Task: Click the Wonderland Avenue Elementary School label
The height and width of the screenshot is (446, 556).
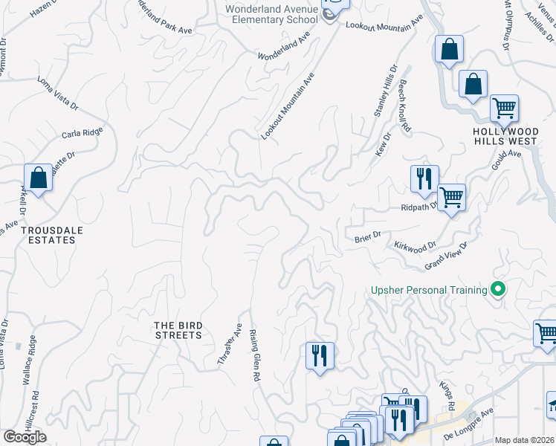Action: (275, 13)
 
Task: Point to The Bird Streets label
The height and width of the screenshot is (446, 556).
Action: (177, 330)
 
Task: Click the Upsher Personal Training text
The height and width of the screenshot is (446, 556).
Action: (429, 290)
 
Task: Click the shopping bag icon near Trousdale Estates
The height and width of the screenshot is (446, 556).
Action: (38, 179)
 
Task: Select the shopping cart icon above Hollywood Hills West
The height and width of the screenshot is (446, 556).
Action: (504, 109)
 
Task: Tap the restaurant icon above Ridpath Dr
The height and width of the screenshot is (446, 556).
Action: (424, 178)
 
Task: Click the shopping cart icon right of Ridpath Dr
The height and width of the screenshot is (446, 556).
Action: (450, 198)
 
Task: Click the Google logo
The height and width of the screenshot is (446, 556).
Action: (25, 436)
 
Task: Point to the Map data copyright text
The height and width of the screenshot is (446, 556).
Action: (524, 440)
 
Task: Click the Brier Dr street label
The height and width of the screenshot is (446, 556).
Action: (367, 236)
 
